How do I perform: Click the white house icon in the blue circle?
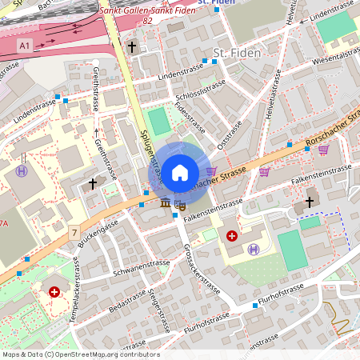point(180,172)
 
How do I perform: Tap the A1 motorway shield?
point(26,45)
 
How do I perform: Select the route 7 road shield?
point(74,233)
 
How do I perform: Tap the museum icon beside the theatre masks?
point(166,203)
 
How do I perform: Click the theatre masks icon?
point(180,205)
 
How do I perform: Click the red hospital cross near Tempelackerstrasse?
point(54,293)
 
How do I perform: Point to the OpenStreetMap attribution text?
point(80,354)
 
